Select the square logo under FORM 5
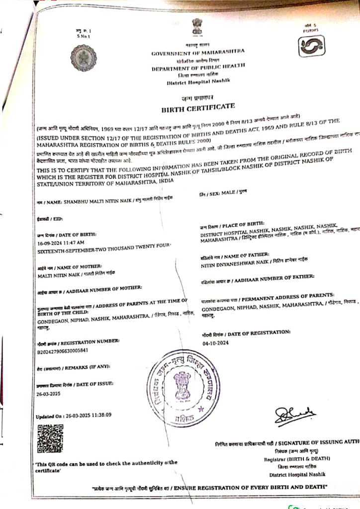tap(309, 47)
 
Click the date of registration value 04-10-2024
tap(215, 343)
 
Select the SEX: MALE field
tap(222, 191)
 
